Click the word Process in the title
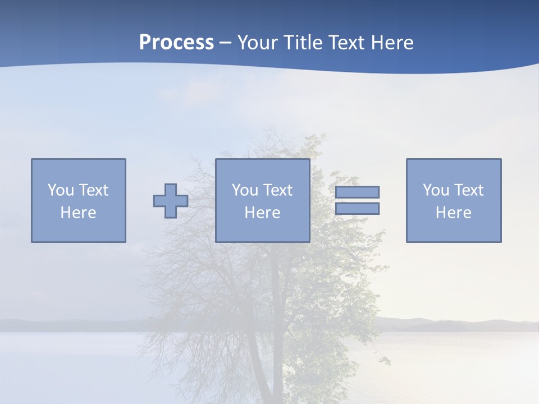coord(176,43)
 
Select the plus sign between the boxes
coord(171,201)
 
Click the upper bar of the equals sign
coord(357,192)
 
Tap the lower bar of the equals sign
coord(357,208)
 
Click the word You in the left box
coord(61,190)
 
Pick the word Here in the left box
coord(78,213)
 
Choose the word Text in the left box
coord(93,190)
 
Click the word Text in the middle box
coord(277,190)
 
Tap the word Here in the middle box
coord(262,213)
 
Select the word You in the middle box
coord(245,190)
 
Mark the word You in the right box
coord(436,190)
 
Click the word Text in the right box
coord(468,190)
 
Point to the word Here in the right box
coord(453,213)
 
